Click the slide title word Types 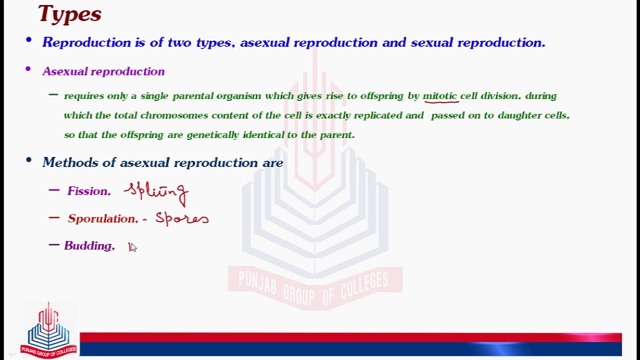[x=69, y=13]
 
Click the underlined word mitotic [x=440, y=96]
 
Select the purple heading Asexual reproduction [x=103, y=71]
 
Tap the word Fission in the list [x=88, y=191]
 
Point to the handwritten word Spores [x=181, y=218]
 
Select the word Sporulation [x=102, y=219]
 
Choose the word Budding [x=88, y=246]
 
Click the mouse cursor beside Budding [x=132, y=247]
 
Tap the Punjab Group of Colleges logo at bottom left [x=48, y=330]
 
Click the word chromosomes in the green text [x=174, y=115]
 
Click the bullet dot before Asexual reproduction [x=28, y=69]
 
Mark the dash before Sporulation [x=54, y=217]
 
